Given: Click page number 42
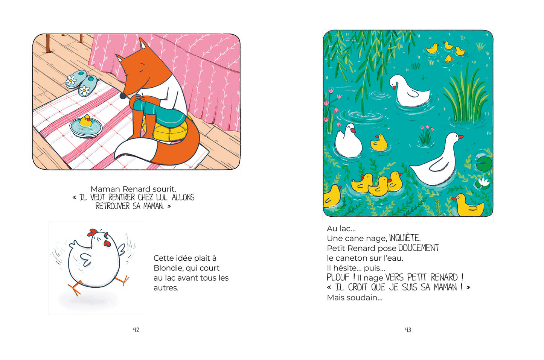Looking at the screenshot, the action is click(136, 330).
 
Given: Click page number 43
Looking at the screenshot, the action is click(408, 330).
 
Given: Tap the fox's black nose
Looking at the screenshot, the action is click(123, 96).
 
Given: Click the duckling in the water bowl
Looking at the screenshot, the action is click(86, 121).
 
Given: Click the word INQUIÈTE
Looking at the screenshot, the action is click(405, 238).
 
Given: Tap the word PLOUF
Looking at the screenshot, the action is click(338, 277).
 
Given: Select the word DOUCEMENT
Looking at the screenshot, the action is click(419, 248).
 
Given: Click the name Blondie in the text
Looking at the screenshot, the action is click(169, 268).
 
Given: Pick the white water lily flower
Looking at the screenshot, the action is click(483, 182).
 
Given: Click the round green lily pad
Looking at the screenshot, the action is click(484, 164).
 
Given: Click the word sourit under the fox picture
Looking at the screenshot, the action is click(164, 189).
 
